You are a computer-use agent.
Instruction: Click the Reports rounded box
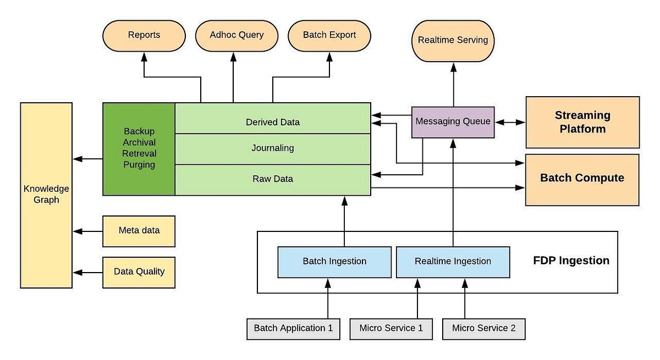click(x=144, y=35)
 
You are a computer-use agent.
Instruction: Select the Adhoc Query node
click(x=237, y=35)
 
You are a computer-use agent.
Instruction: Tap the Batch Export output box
click(x=329, y=35)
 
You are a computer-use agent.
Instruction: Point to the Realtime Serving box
click(x=453, y=41)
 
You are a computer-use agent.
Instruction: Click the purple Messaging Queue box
click(x=453, y=121)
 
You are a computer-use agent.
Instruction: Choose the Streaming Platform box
click(x=582, y=122)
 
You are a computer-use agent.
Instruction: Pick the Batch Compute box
click(x=582, y=179)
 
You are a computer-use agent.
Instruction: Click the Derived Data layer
click(x=273, y=121)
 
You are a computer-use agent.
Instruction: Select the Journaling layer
click(x=273, y=148)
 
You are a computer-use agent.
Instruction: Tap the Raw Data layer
click(x=273, y=179)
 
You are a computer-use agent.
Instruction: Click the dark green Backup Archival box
click(x=139, y=148)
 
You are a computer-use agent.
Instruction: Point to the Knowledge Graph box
click(x=46, y=195)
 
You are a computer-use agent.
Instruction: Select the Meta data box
click(x=139, y=230)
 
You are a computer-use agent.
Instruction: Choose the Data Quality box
click(x=139, y=272)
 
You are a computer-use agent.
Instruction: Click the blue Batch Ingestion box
click(x=334, y=261)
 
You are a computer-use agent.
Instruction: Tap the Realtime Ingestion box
click(x=453, y=261)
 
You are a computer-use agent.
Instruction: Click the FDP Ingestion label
click(x=571, y=261)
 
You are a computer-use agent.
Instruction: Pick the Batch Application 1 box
click(x=293, y=329)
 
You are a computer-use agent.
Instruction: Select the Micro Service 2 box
click(x=483, y=329)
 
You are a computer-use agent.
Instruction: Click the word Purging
click(x=139, y=164)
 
